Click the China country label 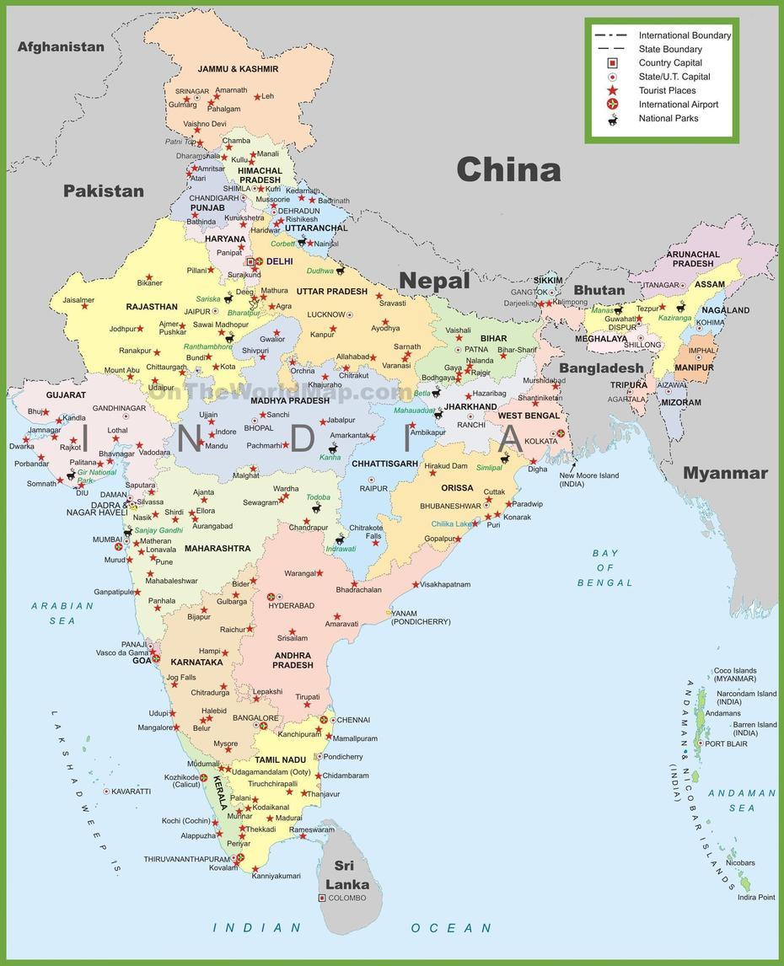point(508,170)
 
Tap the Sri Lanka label point(346,875)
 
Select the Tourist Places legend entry point(667,90)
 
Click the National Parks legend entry point(668,118)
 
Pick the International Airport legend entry point(678,105)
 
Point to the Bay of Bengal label point(604,568)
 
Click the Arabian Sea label point(62,613)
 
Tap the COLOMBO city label point(348,898)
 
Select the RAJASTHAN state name point(152,307)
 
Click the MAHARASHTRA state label point(217,548)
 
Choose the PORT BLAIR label point(726,743)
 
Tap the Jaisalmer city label point(78,299)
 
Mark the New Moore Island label point(588,480)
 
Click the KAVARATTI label point(131,792)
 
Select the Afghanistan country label point(61,47)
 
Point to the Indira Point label point(755,897)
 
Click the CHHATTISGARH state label point(384,464)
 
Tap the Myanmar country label point(725,473)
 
